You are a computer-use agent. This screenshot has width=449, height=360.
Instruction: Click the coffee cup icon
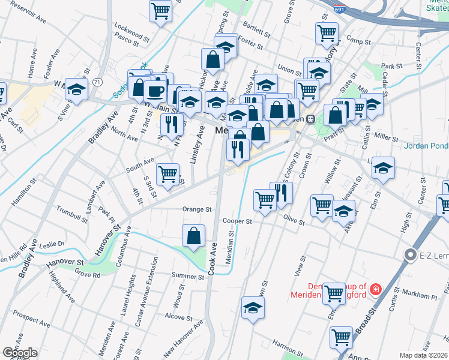coord(155,92)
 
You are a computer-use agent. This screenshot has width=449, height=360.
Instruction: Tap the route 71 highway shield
coord(96,82)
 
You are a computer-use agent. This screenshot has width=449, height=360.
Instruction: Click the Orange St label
coord(197,210)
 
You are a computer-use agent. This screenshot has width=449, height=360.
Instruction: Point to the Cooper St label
coord(237,221)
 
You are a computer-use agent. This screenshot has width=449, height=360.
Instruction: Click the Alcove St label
coord(178,316)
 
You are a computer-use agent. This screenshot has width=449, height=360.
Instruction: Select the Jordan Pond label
coord(426,145)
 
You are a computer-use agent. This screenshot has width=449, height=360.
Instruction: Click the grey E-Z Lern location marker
coord(411,256)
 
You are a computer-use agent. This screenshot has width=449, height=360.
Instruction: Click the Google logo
coord(20,353)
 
